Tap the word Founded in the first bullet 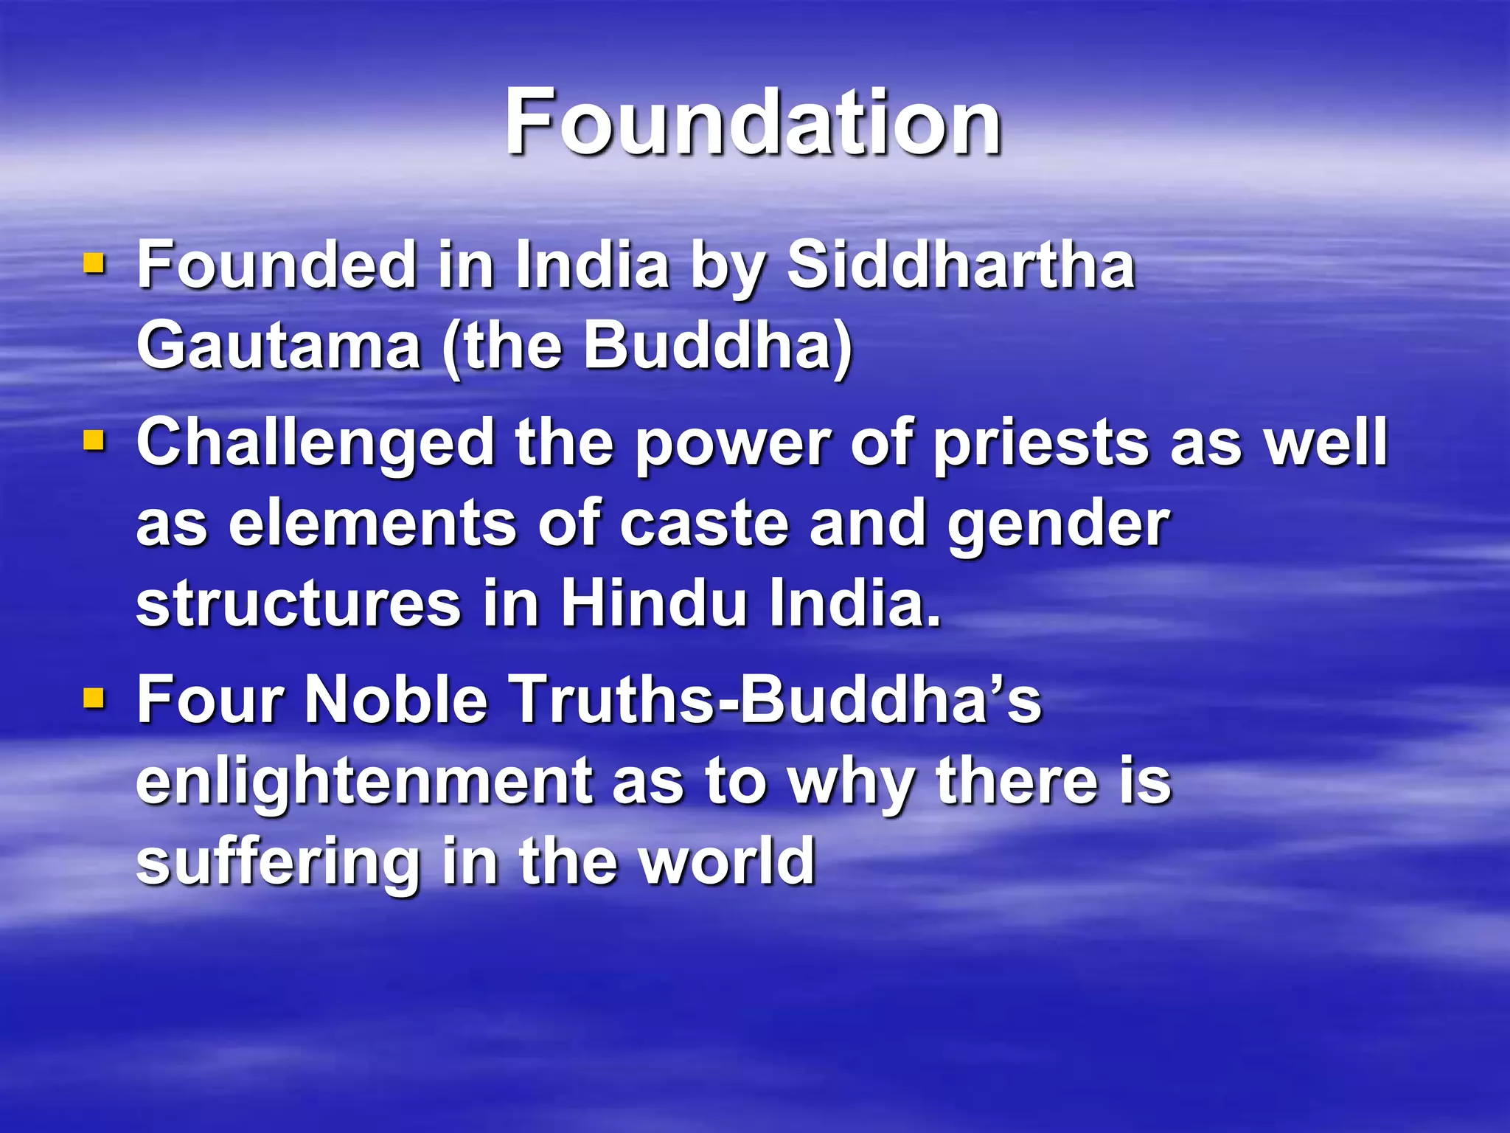click(277, 266)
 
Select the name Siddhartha click(961, 266)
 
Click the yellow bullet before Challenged click(94, 441)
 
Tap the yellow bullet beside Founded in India click(94, 263)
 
